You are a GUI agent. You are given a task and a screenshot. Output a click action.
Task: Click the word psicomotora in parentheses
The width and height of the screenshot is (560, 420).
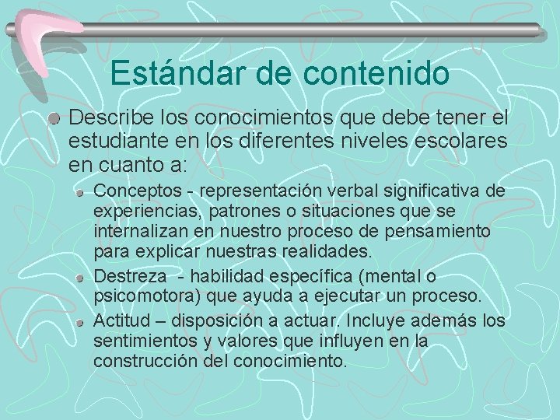(135, 297)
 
